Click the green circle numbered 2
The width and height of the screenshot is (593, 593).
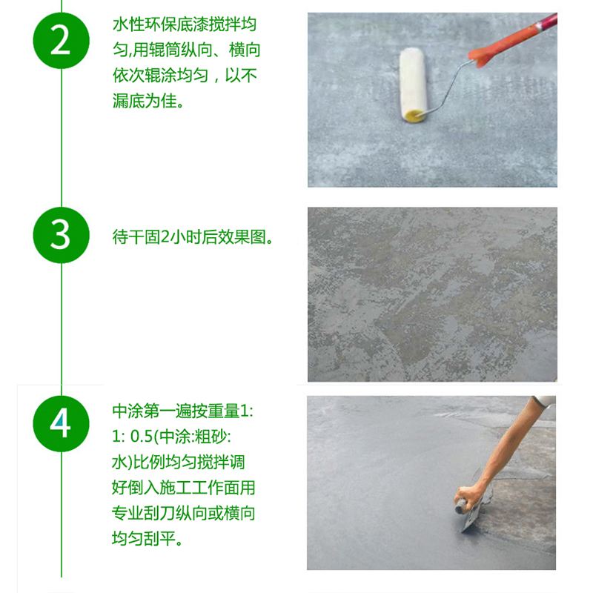click(62, 41)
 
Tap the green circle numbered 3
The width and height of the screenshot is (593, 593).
click(62, 235)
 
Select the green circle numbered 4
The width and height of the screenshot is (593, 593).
click(62, 423)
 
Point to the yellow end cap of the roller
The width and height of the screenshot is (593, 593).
click(414, 116)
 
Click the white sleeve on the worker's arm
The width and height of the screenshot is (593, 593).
click(544, 402)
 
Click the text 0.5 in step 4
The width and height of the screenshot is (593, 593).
click(142, 437)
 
